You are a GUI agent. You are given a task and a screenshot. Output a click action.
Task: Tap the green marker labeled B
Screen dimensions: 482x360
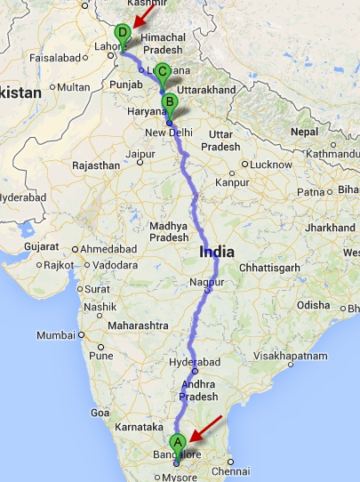169,102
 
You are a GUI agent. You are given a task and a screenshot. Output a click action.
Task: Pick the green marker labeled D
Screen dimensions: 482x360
123,34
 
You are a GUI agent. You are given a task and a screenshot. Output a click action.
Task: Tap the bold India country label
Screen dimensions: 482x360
218,252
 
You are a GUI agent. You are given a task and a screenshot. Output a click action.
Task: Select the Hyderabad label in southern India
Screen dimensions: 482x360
189,365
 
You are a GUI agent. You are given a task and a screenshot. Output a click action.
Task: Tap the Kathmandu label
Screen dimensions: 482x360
329,155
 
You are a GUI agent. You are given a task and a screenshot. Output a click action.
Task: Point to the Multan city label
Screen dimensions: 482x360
74,87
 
